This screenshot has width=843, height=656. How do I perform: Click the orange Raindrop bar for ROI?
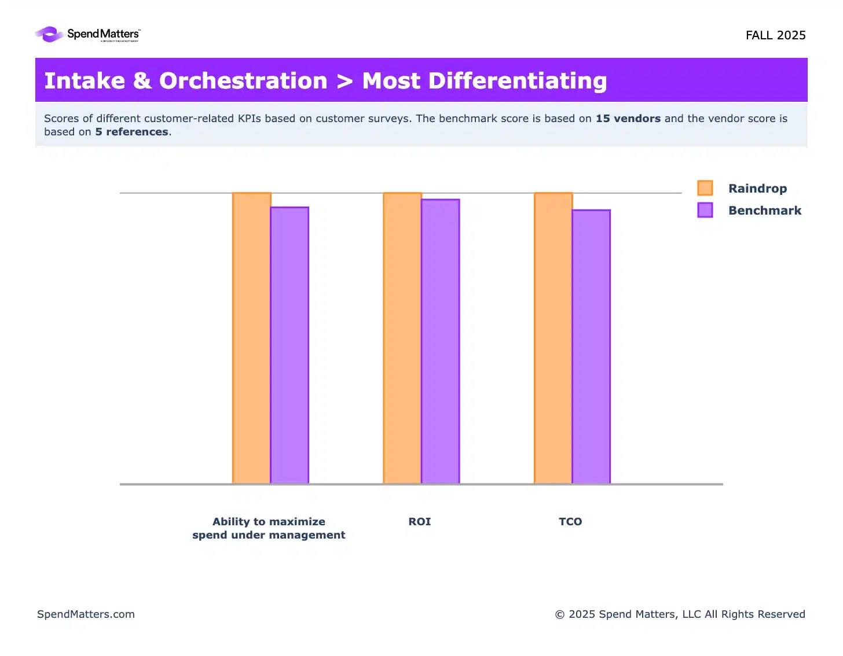(402, 338)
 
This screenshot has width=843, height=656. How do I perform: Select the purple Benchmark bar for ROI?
(440, 341)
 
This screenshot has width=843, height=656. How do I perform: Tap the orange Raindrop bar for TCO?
(553, 338)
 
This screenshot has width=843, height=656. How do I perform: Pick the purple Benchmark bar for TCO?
(591, 347)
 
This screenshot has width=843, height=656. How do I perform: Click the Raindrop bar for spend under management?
(251, 338)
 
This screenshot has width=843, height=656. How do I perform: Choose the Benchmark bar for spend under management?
(289, 345)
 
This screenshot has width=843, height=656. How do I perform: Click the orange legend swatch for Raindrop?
(705, 188)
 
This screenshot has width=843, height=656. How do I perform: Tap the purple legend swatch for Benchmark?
(705, 210)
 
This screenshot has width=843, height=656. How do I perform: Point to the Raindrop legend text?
(757, 189)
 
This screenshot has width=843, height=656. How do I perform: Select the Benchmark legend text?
(765, 211)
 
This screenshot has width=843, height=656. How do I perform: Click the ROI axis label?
(420, 522)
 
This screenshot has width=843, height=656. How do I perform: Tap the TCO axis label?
(570, 522)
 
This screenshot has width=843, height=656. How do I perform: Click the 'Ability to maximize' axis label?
(269, 522)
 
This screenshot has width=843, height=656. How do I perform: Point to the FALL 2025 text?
(775, 35)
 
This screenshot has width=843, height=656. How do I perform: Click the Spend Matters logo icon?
(50, 35)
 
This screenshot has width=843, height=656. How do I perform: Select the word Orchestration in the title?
(243, 81)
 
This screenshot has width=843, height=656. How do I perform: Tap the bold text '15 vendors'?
(628, 119)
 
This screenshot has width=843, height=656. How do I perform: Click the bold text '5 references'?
(132, 132)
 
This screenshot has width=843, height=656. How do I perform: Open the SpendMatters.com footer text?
(86, 614)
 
